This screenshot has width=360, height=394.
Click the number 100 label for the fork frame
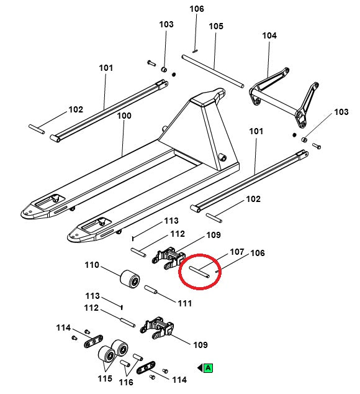[124, 116]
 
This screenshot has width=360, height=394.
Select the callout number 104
[269, 36]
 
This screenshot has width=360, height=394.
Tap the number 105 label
[215, 26]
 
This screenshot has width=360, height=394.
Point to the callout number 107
[236, 252]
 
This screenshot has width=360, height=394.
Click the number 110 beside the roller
[92, 265]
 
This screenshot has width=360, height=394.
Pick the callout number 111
[184, 303]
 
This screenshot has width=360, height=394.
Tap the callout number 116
[126, 382]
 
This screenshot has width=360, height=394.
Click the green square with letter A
[209, 369]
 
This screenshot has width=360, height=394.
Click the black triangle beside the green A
[200, 369]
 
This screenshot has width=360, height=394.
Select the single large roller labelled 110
[129, 280]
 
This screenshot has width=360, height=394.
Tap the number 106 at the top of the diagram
[196, 9]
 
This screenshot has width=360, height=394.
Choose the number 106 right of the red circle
[258, 254]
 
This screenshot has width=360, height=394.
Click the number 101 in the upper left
[106, 68]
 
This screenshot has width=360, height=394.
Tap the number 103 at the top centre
[166, 25]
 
